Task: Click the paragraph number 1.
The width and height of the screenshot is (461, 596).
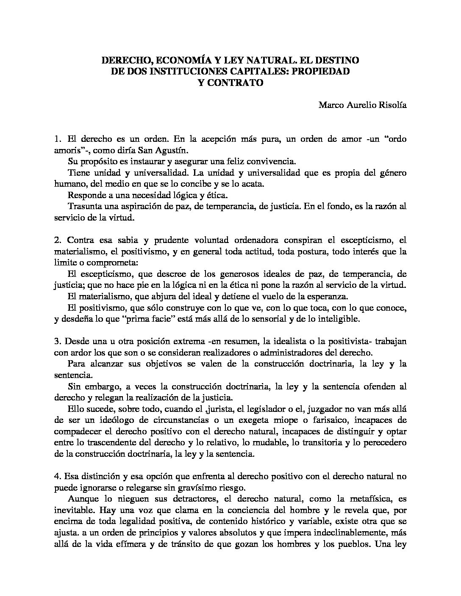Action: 58,139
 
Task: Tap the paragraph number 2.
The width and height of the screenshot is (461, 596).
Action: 58,240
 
